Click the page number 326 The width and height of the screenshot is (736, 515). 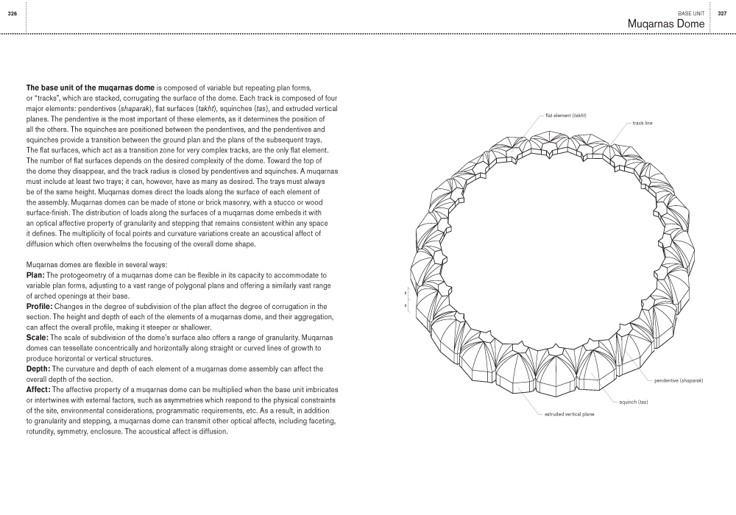point(13,13)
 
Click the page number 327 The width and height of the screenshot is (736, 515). point(723,13)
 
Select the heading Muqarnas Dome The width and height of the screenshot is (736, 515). point(666,24)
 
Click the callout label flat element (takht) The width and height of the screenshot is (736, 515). point(565,116)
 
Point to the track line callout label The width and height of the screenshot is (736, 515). point(642,123)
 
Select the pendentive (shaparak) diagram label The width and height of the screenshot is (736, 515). point(679,380)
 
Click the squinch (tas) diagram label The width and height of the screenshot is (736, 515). point(633,402)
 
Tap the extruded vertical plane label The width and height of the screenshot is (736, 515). point(569,414)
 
